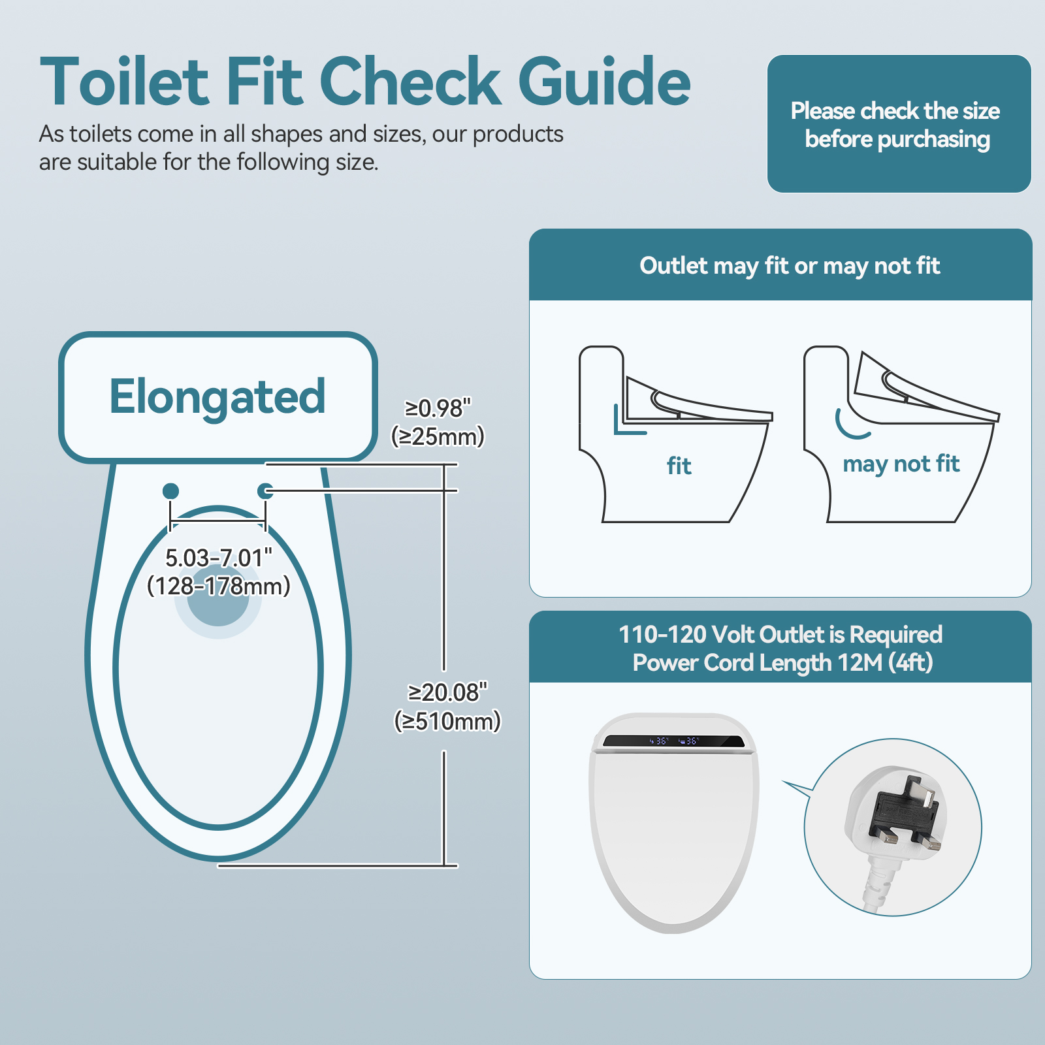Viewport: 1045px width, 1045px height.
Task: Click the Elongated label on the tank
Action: point(217,396)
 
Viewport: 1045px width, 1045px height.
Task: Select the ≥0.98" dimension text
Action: point(438,408)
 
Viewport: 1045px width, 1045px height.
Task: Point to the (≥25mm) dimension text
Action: point(438,436)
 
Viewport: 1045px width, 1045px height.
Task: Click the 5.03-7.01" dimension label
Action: point(218,558)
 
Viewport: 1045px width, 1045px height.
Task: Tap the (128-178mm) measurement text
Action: point(218,586)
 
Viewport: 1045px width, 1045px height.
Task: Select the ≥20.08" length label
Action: point(447,692)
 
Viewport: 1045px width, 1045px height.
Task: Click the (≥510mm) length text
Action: point(447,721)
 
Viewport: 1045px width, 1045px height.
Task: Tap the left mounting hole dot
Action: point(170,490)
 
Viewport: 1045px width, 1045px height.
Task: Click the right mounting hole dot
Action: point(265,490)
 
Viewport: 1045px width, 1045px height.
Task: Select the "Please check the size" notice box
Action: point(899,124)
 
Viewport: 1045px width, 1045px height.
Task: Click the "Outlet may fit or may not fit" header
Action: point(789,266)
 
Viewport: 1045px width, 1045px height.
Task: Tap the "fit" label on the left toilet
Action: point(679,466)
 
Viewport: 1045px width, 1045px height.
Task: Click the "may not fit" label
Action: point(901,464)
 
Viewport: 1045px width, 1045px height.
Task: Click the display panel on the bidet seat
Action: point(673,741)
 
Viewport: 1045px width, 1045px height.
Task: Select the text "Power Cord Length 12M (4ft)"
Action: point(782,663)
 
